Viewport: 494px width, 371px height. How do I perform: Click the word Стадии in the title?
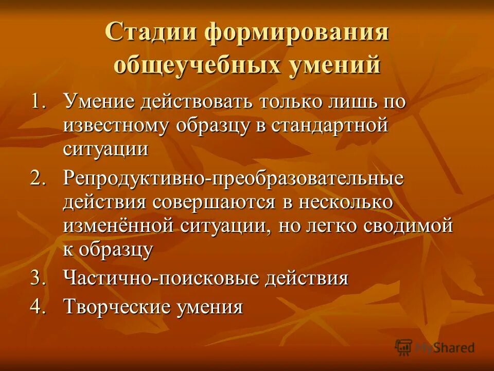tap(150, 33)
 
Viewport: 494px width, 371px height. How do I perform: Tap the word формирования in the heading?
tap(296, 33)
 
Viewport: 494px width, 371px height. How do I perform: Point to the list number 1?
tap(39, 101)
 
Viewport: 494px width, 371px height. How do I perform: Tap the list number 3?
tap(39, 278)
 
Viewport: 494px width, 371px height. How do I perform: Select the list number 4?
tap(39, 307)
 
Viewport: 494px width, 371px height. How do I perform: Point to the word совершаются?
tap(215, 202)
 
